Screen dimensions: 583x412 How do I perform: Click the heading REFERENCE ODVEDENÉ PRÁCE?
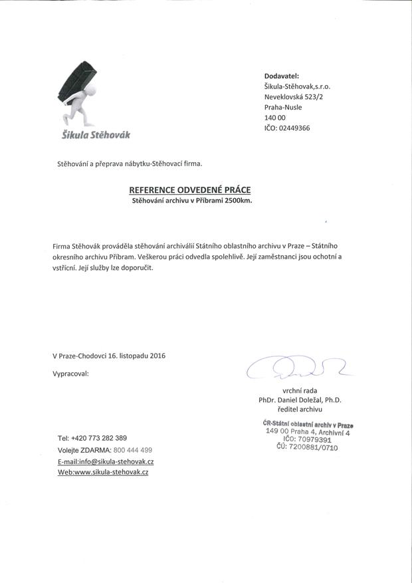coord(190,189)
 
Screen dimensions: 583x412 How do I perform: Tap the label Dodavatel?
coord(282,76)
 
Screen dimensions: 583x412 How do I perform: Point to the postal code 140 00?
coord(275,118)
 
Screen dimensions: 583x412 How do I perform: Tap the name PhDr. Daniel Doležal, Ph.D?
coord(300,400)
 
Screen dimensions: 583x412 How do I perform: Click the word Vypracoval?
coord(70,374)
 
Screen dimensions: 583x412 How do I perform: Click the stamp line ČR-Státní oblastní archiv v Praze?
coord(308,424)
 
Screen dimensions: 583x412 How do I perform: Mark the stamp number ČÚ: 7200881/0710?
coord(307,447)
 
